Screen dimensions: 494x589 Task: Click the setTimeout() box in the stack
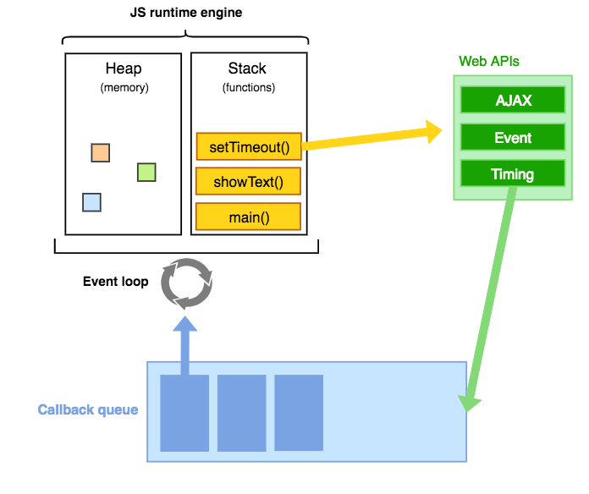(x=249, y=147)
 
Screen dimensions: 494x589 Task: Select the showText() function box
(x=249, y=182)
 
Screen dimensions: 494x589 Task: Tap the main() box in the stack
(x=249, y=217)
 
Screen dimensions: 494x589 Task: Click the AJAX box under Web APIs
(x=513, y=101)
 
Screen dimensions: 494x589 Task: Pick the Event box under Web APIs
(x=513, y=138)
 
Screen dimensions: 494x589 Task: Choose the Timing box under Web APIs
(x=513, y=174)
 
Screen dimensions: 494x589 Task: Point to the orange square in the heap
(x=101, y=153)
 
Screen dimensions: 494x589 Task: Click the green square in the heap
(x=146, y=173)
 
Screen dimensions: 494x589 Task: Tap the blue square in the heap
(x=91, y=202)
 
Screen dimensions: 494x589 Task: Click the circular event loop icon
(x=187, y=283)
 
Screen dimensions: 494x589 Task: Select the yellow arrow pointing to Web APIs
(x=372, y=138)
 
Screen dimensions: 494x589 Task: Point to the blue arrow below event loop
(x=185, y=343)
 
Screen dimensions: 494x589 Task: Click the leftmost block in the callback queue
(x=184, y=413)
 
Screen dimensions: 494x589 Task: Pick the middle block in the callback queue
(x=241, y=413)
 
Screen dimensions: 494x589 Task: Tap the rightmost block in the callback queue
(x=299, y=413)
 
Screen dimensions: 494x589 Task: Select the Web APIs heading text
(x=489, y=62)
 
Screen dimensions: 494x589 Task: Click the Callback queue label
(x=88, y=410)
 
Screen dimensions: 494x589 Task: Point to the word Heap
(x=124, y=69)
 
